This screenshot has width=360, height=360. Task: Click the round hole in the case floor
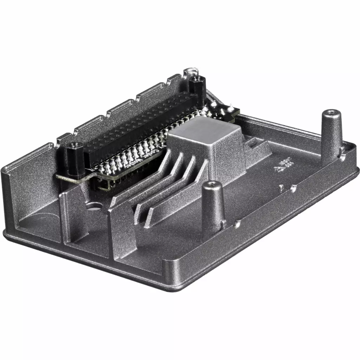coord(94,207)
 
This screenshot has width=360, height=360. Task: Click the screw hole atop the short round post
coord(212,184)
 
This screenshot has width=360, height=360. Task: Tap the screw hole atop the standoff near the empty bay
coord(74,144)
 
